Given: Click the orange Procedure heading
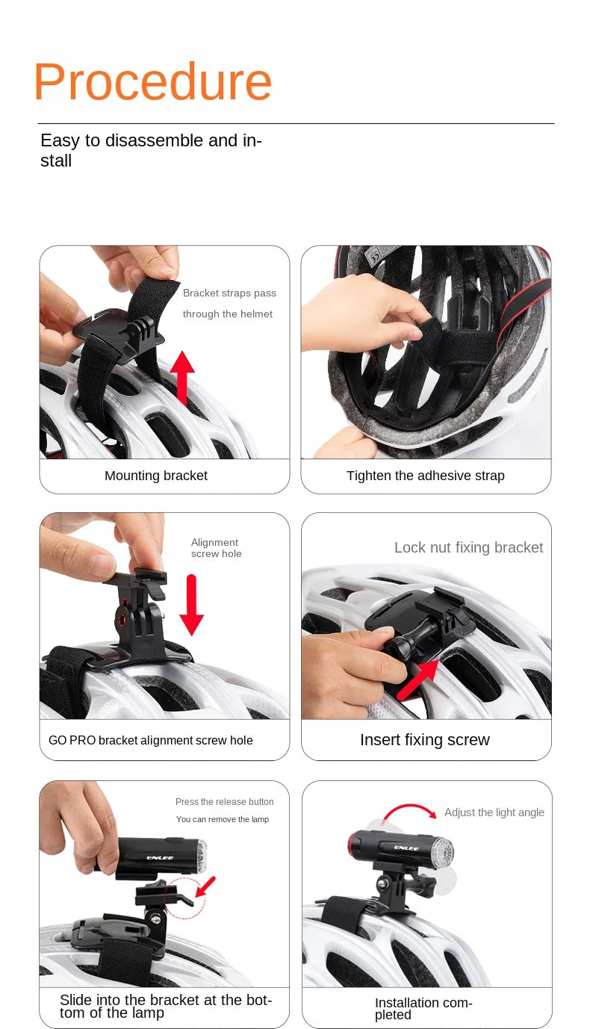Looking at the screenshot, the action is (153, 82).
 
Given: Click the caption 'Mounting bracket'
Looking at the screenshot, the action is (156, 476).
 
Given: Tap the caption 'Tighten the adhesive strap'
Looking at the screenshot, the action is (426, 476).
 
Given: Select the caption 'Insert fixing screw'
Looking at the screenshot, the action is (425, 740).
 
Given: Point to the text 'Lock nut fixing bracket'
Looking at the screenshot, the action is (469, 547).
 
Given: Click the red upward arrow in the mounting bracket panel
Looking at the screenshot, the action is (183, 378).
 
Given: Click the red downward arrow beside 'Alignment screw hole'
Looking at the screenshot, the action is (192, 605).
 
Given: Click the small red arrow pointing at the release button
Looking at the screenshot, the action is (206, 886).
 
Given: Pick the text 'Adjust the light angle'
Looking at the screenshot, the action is (494, 812).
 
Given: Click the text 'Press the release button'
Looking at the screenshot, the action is (225, 801).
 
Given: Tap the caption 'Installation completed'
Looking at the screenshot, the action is (423, 1009).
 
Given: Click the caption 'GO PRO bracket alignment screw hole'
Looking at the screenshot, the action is (151, 741).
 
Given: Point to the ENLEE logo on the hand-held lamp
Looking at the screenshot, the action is (160, 858).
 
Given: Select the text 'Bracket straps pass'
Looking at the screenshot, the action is (229, 293).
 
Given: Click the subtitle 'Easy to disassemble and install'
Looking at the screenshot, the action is (151, 150).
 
